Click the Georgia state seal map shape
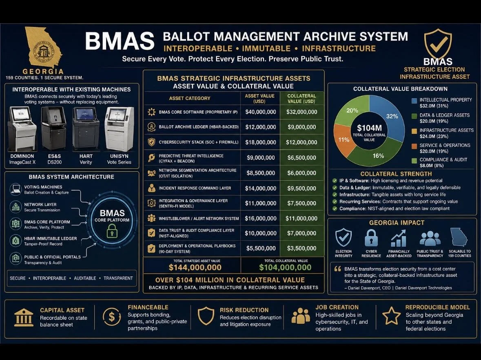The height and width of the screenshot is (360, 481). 43,48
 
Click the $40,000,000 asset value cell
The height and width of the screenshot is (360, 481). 260,112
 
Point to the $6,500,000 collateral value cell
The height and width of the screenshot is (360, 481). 301,158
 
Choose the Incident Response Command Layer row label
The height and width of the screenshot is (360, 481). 195,188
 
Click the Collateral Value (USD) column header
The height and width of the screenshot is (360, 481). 301,99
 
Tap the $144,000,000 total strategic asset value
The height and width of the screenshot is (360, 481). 195,268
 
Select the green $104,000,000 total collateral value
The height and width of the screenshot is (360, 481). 285,268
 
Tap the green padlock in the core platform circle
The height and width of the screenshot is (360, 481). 112,232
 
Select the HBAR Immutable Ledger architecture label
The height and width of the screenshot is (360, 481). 50,241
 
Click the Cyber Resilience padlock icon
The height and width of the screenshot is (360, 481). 371,238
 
